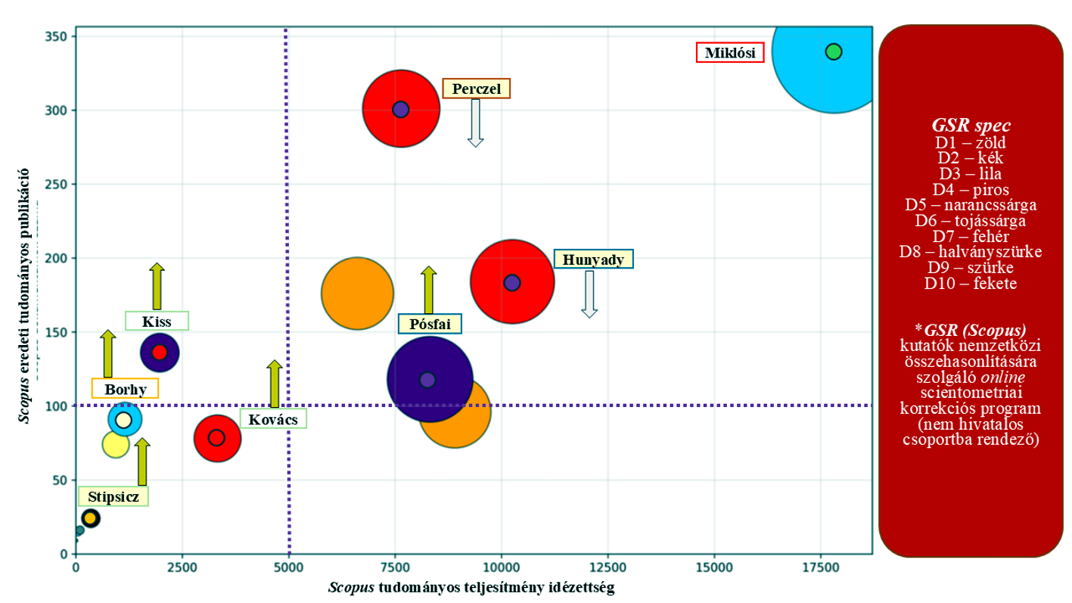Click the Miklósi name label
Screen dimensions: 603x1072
click(730, 53)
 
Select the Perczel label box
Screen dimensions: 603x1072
click(477, 89)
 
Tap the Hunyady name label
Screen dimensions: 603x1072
click(593, 260)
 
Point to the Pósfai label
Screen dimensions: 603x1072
click(430, 324)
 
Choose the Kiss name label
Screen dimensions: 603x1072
click(157, 321)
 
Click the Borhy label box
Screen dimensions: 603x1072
click(126, 389)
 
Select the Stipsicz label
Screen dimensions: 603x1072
click(113, 497)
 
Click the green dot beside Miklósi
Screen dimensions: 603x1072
click(834, 51)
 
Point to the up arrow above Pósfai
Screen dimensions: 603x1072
click(428, 290)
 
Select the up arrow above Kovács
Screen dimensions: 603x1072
click(275, 384)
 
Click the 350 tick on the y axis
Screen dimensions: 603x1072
click(60, 36)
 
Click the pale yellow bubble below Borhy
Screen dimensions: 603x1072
click(116, 444)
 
